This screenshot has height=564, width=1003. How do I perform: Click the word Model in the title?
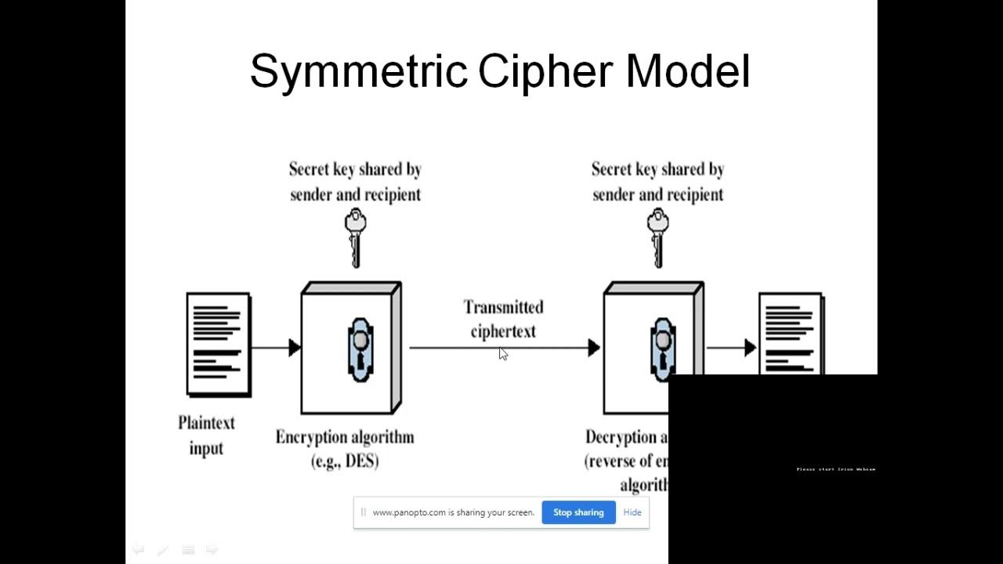click(x=687, y=72)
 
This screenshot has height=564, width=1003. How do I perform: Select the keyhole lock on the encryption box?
click(x=360, y=349)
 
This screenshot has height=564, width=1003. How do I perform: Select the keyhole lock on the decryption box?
click(x=662, y=349)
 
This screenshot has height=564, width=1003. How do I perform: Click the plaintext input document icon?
click(x=219, y=344)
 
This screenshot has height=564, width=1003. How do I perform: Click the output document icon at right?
click(x=791, y=334)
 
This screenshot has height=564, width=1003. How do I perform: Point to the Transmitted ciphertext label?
click(x=503, y=319)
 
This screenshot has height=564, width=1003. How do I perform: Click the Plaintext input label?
click(x=206, y=436)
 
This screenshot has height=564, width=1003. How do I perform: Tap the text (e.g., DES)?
click(x=345, y=461)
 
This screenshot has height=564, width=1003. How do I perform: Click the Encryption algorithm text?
click(x=345, y=437)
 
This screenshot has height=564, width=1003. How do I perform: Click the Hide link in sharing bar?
click(x=632, y=512)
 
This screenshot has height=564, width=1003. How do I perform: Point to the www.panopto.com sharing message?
click(x=453, y=512)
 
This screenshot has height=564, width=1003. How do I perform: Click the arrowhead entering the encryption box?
click(x=295, y=348)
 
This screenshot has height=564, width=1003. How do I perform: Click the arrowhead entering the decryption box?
click(x=594, y=348)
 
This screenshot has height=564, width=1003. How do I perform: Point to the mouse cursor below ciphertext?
click(x=502, y=354)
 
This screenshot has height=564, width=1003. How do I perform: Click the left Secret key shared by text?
click(x=355, y=169)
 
